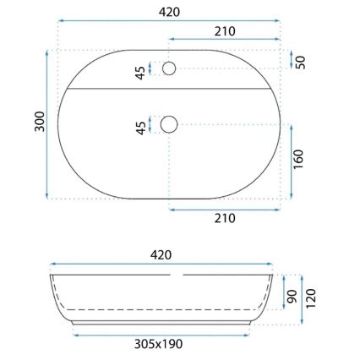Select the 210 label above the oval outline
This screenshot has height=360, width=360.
pyautogui.click(x=224, y=30)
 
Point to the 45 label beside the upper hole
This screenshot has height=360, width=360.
pyautogui.click(x=139, y=71)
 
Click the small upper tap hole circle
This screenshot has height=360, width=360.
pyautogui.click(x=170, y=68)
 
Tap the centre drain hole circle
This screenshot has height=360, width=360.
pyautogui.click(x=170, y=124)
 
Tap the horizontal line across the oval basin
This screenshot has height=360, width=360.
pyautogui.click(x=170, y=88)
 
